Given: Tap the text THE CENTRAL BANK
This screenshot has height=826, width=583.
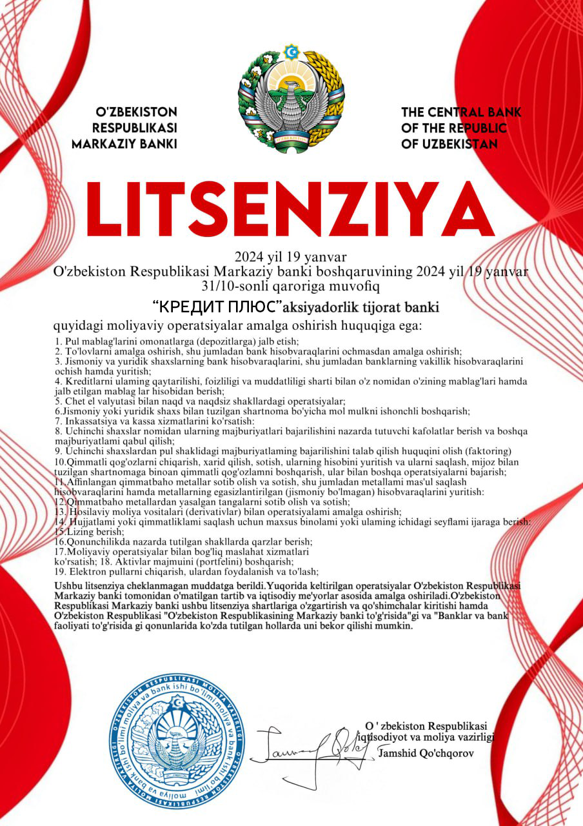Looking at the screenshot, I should (x=461, y=112).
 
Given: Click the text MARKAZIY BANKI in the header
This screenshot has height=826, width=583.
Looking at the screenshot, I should (x=124, y=143).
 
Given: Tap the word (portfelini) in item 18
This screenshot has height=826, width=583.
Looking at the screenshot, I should (x=199, y=561).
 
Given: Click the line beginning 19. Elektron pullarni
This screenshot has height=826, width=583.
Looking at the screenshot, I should (x=187, y=571).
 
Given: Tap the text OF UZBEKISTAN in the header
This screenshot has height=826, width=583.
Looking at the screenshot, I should (x=450, y=143).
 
